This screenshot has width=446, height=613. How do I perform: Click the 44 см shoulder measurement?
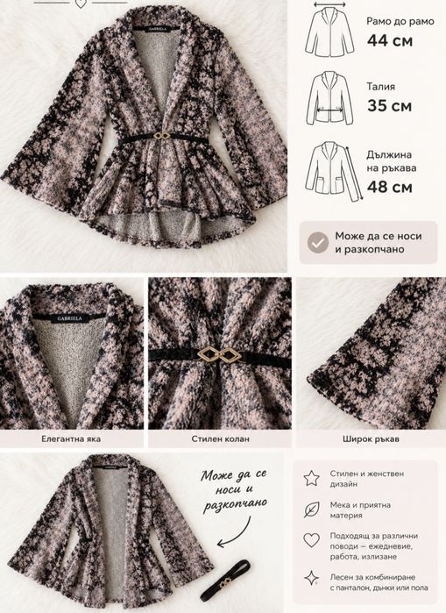(390, 40)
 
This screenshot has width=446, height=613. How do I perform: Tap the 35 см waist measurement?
(389, 106)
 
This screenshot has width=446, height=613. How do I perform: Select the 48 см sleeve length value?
(389, 187)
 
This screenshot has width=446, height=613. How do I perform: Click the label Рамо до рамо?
(400, 21)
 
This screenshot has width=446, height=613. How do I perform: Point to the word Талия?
(381, 87)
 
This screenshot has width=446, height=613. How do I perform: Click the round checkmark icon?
(317, 242)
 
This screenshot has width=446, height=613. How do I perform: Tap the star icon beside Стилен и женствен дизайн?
(312, 478)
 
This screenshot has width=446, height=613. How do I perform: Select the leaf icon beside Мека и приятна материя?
(312, 510)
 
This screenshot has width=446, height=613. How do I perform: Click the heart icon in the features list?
(312, 540)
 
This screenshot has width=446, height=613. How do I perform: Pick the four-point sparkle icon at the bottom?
(312, 578)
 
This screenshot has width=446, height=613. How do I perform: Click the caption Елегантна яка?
(71, 438)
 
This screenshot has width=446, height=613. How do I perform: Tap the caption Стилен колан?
(220, 438)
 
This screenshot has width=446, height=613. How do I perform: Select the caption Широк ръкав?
(371, 438)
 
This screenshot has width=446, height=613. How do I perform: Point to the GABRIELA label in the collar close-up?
(70, 318)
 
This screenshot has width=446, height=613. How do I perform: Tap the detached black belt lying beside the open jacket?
(225, 581)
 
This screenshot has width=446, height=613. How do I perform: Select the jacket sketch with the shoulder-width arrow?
(329, 30)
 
